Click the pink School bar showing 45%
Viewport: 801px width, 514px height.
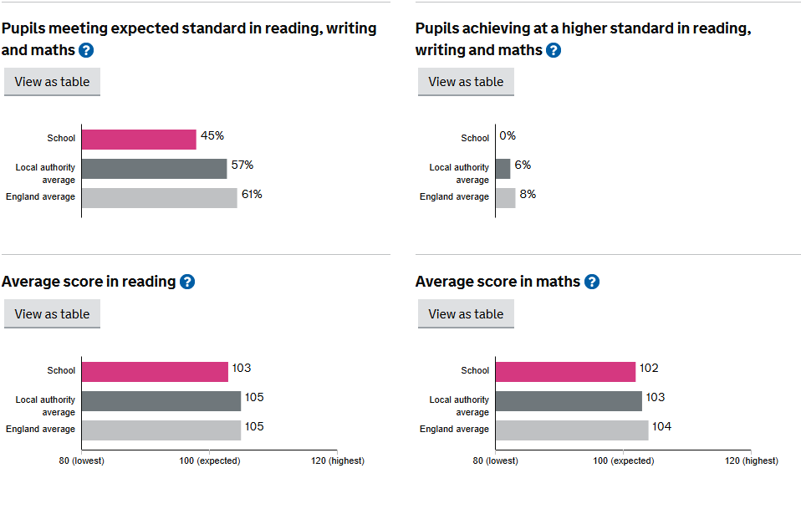139,139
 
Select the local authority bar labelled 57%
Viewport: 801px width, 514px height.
154,169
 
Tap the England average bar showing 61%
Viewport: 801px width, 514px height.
159,198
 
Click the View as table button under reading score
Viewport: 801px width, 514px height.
52,314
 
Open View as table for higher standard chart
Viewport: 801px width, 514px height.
466,82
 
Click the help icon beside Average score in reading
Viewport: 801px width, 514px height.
187,282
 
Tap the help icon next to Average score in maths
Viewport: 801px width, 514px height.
592,282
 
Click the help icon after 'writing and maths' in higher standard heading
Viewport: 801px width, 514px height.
554,50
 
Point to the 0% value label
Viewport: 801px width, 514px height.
508,135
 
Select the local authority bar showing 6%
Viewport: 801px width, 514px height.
503,169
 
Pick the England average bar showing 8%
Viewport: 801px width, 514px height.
505,198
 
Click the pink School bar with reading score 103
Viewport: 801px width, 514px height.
155,371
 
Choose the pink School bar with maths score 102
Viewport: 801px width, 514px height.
565,371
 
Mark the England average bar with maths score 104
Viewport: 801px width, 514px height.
571,430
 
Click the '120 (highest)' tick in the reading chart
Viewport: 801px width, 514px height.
337,461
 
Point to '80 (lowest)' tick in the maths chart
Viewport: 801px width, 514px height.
496,461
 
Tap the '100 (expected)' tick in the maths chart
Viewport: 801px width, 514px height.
623,461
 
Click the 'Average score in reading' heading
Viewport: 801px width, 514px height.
89,282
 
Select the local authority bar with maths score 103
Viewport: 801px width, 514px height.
569,400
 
